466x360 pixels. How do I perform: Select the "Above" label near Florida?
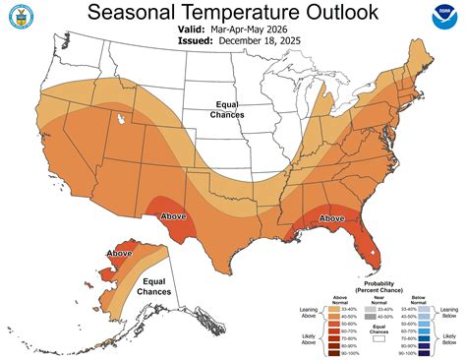coord(332,217)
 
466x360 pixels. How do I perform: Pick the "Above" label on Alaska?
coord(119,254)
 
